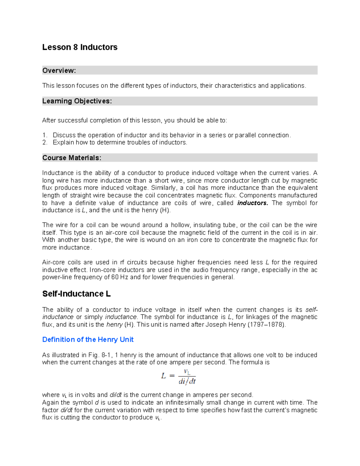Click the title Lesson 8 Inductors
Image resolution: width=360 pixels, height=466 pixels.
pyautogui.click(x=80, y=47)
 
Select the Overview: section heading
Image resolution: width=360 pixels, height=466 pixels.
pyautogui.click(x=59, y=71)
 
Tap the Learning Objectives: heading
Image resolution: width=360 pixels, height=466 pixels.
pyautogui.click(x=77, y=101)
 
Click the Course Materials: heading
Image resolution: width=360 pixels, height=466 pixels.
pyautogui.click(x=72, y=158)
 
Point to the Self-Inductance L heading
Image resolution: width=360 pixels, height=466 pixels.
pyautogui.click(x=76, y=294)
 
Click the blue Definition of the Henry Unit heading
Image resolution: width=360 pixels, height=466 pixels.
pyautogui.click(x=88, y=339)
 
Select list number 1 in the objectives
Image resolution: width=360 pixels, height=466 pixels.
pyautogui.click(x=45, y=135)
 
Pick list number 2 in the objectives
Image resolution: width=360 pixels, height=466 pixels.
pyautogui.click(x=45, y=143)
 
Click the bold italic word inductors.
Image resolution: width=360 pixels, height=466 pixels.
pyautogui.click(x=252, y=203)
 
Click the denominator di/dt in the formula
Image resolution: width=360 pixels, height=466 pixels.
pyautogui.click(x=187, y=382)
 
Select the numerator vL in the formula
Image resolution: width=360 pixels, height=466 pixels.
pyautogui.click(x=187, y=372)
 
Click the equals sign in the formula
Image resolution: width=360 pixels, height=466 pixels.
pyautogui.click(x=172, y=376)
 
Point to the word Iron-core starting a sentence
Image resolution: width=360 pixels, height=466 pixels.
pyautogui.click(x=103, y=270)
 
